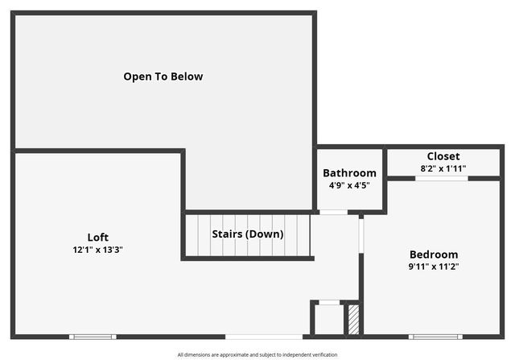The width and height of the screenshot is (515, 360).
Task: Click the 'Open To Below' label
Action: coord(163,77)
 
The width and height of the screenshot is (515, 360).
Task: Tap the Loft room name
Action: coord(97,237)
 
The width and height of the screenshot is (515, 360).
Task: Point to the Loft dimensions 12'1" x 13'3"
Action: coord(97,250)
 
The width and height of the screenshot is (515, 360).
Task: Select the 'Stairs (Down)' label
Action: coord(247,234)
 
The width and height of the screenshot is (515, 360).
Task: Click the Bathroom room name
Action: coord(349,173)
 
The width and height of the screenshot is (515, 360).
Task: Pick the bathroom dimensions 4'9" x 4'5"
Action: coord(349,185)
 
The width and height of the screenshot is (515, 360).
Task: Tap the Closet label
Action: coord(443,156)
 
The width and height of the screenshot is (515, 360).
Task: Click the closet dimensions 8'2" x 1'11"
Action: coord(443,168)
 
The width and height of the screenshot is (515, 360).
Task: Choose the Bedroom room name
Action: coord(434,254)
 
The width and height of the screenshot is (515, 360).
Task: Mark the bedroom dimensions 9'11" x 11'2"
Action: coord(434,267)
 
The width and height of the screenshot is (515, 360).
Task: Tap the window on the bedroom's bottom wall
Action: coord(435,336)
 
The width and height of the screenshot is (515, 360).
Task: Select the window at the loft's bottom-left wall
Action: coord(93,336)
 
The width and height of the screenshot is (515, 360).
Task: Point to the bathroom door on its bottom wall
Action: coord(333,212)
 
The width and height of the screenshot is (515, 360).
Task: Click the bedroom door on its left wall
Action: coord(361,234)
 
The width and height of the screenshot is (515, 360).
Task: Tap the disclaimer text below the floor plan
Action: coord(257,354)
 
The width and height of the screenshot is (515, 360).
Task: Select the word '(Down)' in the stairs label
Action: coord(265,234)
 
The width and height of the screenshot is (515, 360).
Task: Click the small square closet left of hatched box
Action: coord(328,318)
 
